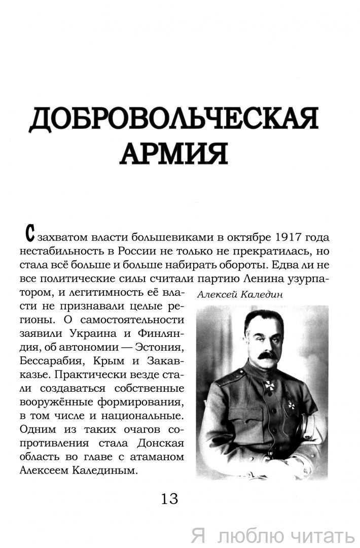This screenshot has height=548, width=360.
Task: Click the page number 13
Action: pos(169,499)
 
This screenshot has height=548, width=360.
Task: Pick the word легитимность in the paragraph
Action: pos(106,293)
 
